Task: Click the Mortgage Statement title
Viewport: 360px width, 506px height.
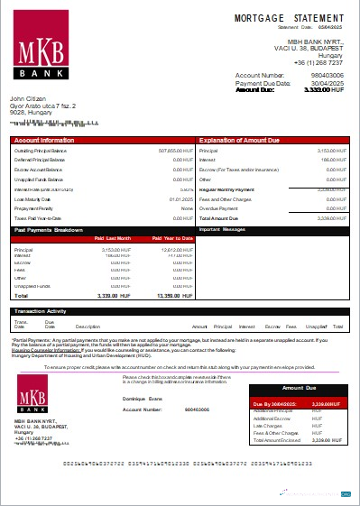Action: coord(289,17)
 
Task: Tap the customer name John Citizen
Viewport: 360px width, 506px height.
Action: coord(29,98)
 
